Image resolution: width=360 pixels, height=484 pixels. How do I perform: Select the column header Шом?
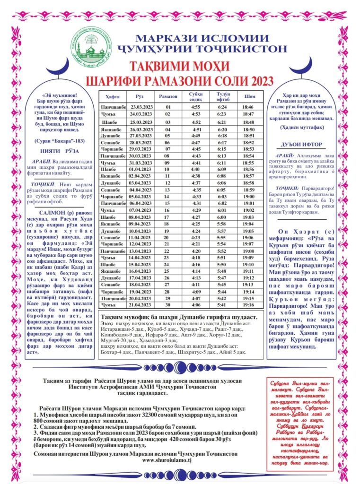[249, 96]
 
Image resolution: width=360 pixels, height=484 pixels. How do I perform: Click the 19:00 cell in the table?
[249, 196]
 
